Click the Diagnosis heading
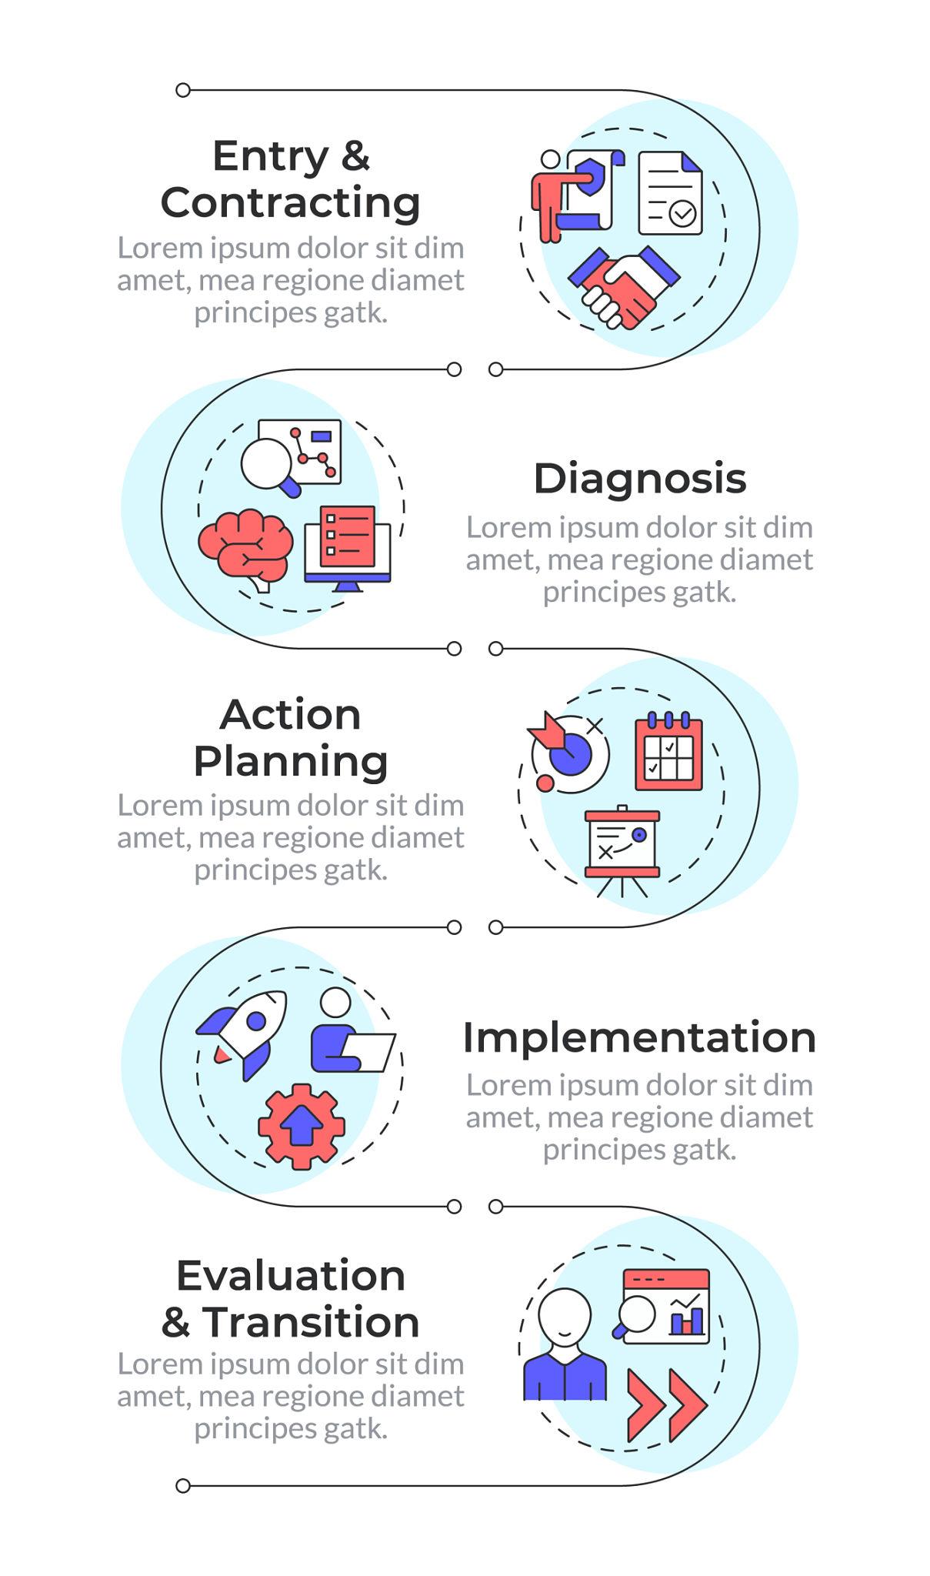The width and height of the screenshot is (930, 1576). point(639,479)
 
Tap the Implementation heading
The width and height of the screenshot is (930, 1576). point(639,1037)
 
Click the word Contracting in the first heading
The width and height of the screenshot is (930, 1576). point(290,203)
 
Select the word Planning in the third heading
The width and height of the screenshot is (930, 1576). point(290,761)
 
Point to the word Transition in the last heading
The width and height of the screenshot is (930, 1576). point(311,1322)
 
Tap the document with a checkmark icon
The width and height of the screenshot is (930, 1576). point(670,193)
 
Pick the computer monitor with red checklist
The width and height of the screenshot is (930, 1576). point(348,545)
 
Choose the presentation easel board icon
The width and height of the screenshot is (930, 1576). point(622,846)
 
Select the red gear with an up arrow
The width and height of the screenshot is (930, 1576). point(301,1126)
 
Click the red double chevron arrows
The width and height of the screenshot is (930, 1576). point(665,1405)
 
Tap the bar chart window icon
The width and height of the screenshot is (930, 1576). point(666,1307)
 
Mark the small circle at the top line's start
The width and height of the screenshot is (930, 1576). point(183,90)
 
